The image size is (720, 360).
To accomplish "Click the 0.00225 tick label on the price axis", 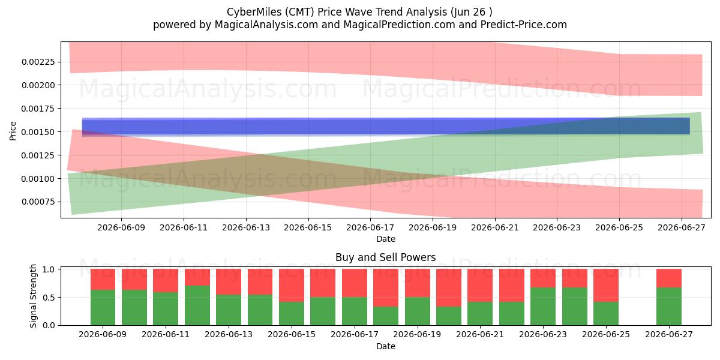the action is pos(38,62).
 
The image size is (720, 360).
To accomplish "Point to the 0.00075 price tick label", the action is pos(38,202).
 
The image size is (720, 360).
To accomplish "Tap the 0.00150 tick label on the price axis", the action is pos(38,132).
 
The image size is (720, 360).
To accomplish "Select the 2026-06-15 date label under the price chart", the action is pos(308,227).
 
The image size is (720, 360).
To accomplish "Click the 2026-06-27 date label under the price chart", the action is pos(682,227).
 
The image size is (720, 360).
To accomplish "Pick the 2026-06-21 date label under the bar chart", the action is pos(480,334).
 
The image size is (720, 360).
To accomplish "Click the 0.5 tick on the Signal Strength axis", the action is pos(49,298).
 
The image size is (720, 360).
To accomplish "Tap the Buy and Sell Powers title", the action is pos(386,257).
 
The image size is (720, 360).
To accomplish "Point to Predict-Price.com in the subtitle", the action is pos(524,25).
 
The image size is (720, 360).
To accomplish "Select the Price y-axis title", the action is pos(13,131).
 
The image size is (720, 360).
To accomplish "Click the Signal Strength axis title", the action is pos(33,296).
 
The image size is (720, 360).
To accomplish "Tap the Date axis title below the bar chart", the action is pos(386,346).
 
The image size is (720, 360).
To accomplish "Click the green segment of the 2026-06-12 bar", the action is pos(197,305).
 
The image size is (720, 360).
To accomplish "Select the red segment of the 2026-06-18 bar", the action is pos(386,287).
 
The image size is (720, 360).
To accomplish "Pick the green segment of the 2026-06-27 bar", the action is pos(669,307).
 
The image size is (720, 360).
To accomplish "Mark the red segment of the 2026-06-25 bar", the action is pos(606,286).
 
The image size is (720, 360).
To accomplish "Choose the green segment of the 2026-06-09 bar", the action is pos(103,308).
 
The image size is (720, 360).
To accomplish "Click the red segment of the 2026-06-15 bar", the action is pos(292,286).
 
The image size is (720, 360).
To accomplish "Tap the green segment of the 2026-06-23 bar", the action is pos(543,307).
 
